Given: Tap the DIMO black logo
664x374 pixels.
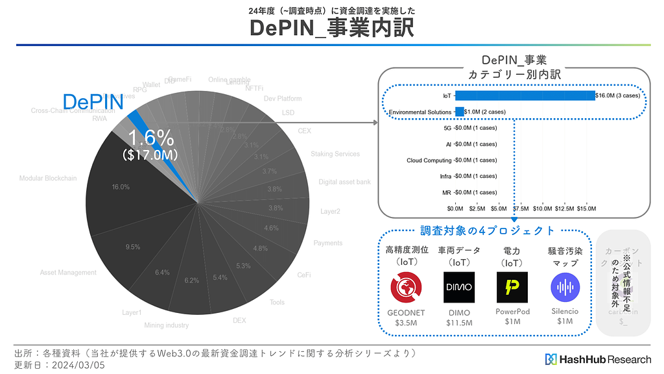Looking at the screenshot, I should pos(459,288).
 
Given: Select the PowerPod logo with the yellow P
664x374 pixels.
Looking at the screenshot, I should pos(512,288).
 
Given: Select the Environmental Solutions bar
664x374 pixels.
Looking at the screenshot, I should pos(460,112).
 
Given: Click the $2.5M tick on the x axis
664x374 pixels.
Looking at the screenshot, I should pos(477,208).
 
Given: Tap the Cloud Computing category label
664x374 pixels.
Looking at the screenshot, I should pos(429,160).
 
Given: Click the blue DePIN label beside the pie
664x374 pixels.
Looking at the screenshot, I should pos(93,101).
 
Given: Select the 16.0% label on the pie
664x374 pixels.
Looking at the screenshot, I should pos(121,187).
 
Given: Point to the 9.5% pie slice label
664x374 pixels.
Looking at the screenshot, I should pos(133,247).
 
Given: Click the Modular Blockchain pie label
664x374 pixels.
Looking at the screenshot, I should pos(48,179).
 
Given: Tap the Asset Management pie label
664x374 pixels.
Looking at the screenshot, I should pos(68,273).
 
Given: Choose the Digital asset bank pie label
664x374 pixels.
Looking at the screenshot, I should pos(344,182).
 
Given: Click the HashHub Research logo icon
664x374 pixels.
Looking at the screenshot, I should pos(551,359).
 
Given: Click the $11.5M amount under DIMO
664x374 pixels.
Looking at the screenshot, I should pos(459,323).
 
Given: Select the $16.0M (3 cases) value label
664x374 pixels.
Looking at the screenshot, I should pos(618,95).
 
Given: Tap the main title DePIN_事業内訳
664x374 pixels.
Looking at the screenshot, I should pos(331,28).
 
